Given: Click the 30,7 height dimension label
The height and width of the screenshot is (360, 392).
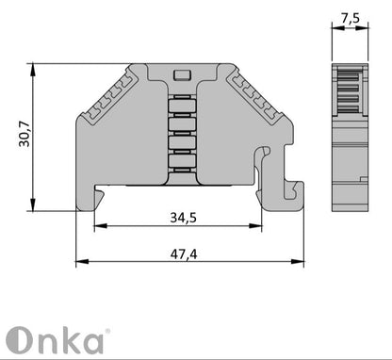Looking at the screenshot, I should click(x=22, y=139).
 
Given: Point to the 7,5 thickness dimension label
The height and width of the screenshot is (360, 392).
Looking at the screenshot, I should click(x=350, y=18).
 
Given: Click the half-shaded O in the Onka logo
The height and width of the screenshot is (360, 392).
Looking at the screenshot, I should click(x=22, y=339).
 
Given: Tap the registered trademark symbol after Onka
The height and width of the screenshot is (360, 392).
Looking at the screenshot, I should click(x=106, y=331).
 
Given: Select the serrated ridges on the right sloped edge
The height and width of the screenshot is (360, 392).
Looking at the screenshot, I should click(x=254, y=99).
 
